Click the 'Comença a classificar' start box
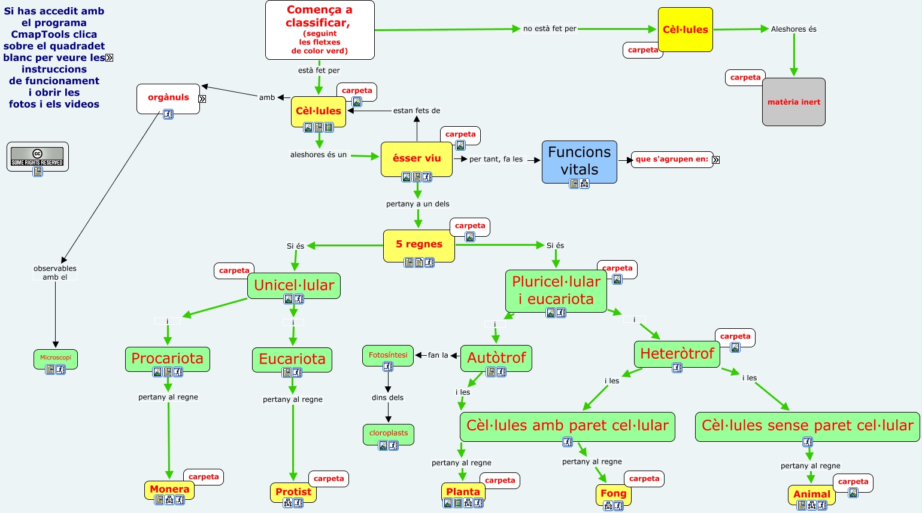click(320, 30)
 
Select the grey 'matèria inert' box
click(793, 102)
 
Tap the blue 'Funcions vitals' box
click(579, 161)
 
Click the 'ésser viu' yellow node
click(417, 158)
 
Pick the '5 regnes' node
click(418, 245)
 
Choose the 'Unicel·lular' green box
click(294, 285)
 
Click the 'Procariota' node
click(167, 359)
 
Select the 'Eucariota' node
click(292, 359)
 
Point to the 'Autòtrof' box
click(496, 358)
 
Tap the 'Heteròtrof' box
click(677, 353)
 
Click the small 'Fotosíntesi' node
click(388, 355)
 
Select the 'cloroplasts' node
click(389, 433)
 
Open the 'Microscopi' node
click(56, 358)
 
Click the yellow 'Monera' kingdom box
click(169, 489)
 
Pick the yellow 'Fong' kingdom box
click(613, 493)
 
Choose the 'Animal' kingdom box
click(811, 494)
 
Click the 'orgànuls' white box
click(168, 97)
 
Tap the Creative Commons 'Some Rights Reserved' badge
click(37, 157)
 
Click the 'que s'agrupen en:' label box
click(672, 159)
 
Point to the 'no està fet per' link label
click(550, 29)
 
